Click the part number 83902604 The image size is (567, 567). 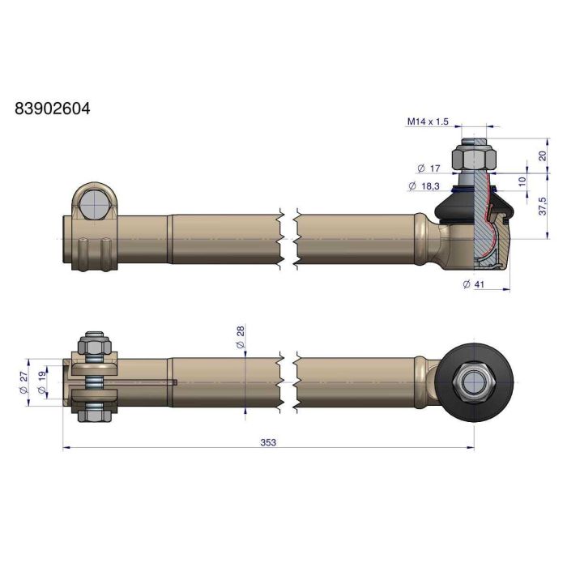coord(53,108)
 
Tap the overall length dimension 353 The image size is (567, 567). coord(268,441)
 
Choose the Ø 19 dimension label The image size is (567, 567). coord(42,382)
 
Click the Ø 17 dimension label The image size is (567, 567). coord(428,168)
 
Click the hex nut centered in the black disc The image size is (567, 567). coord(472,382)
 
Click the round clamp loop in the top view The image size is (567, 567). coord(95,202)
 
